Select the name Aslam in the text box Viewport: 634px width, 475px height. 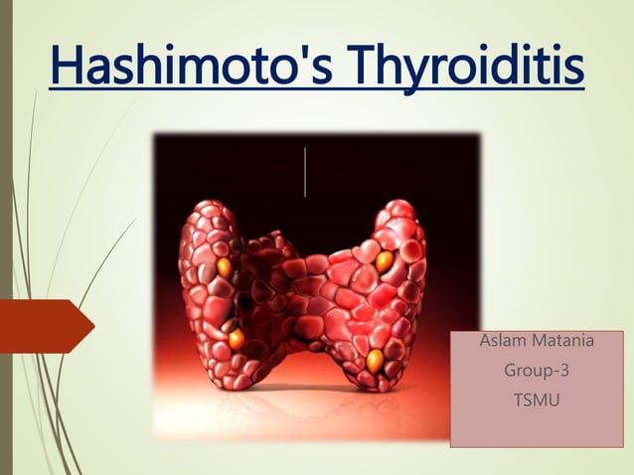503,343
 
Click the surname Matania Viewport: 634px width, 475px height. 562,343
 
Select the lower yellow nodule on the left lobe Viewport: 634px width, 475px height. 236,339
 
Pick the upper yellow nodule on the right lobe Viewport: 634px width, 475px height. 385,261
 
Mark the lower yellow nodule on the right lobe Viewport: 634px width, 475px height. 376,358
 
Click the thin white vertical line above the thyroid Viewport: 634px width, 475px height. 304,171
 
